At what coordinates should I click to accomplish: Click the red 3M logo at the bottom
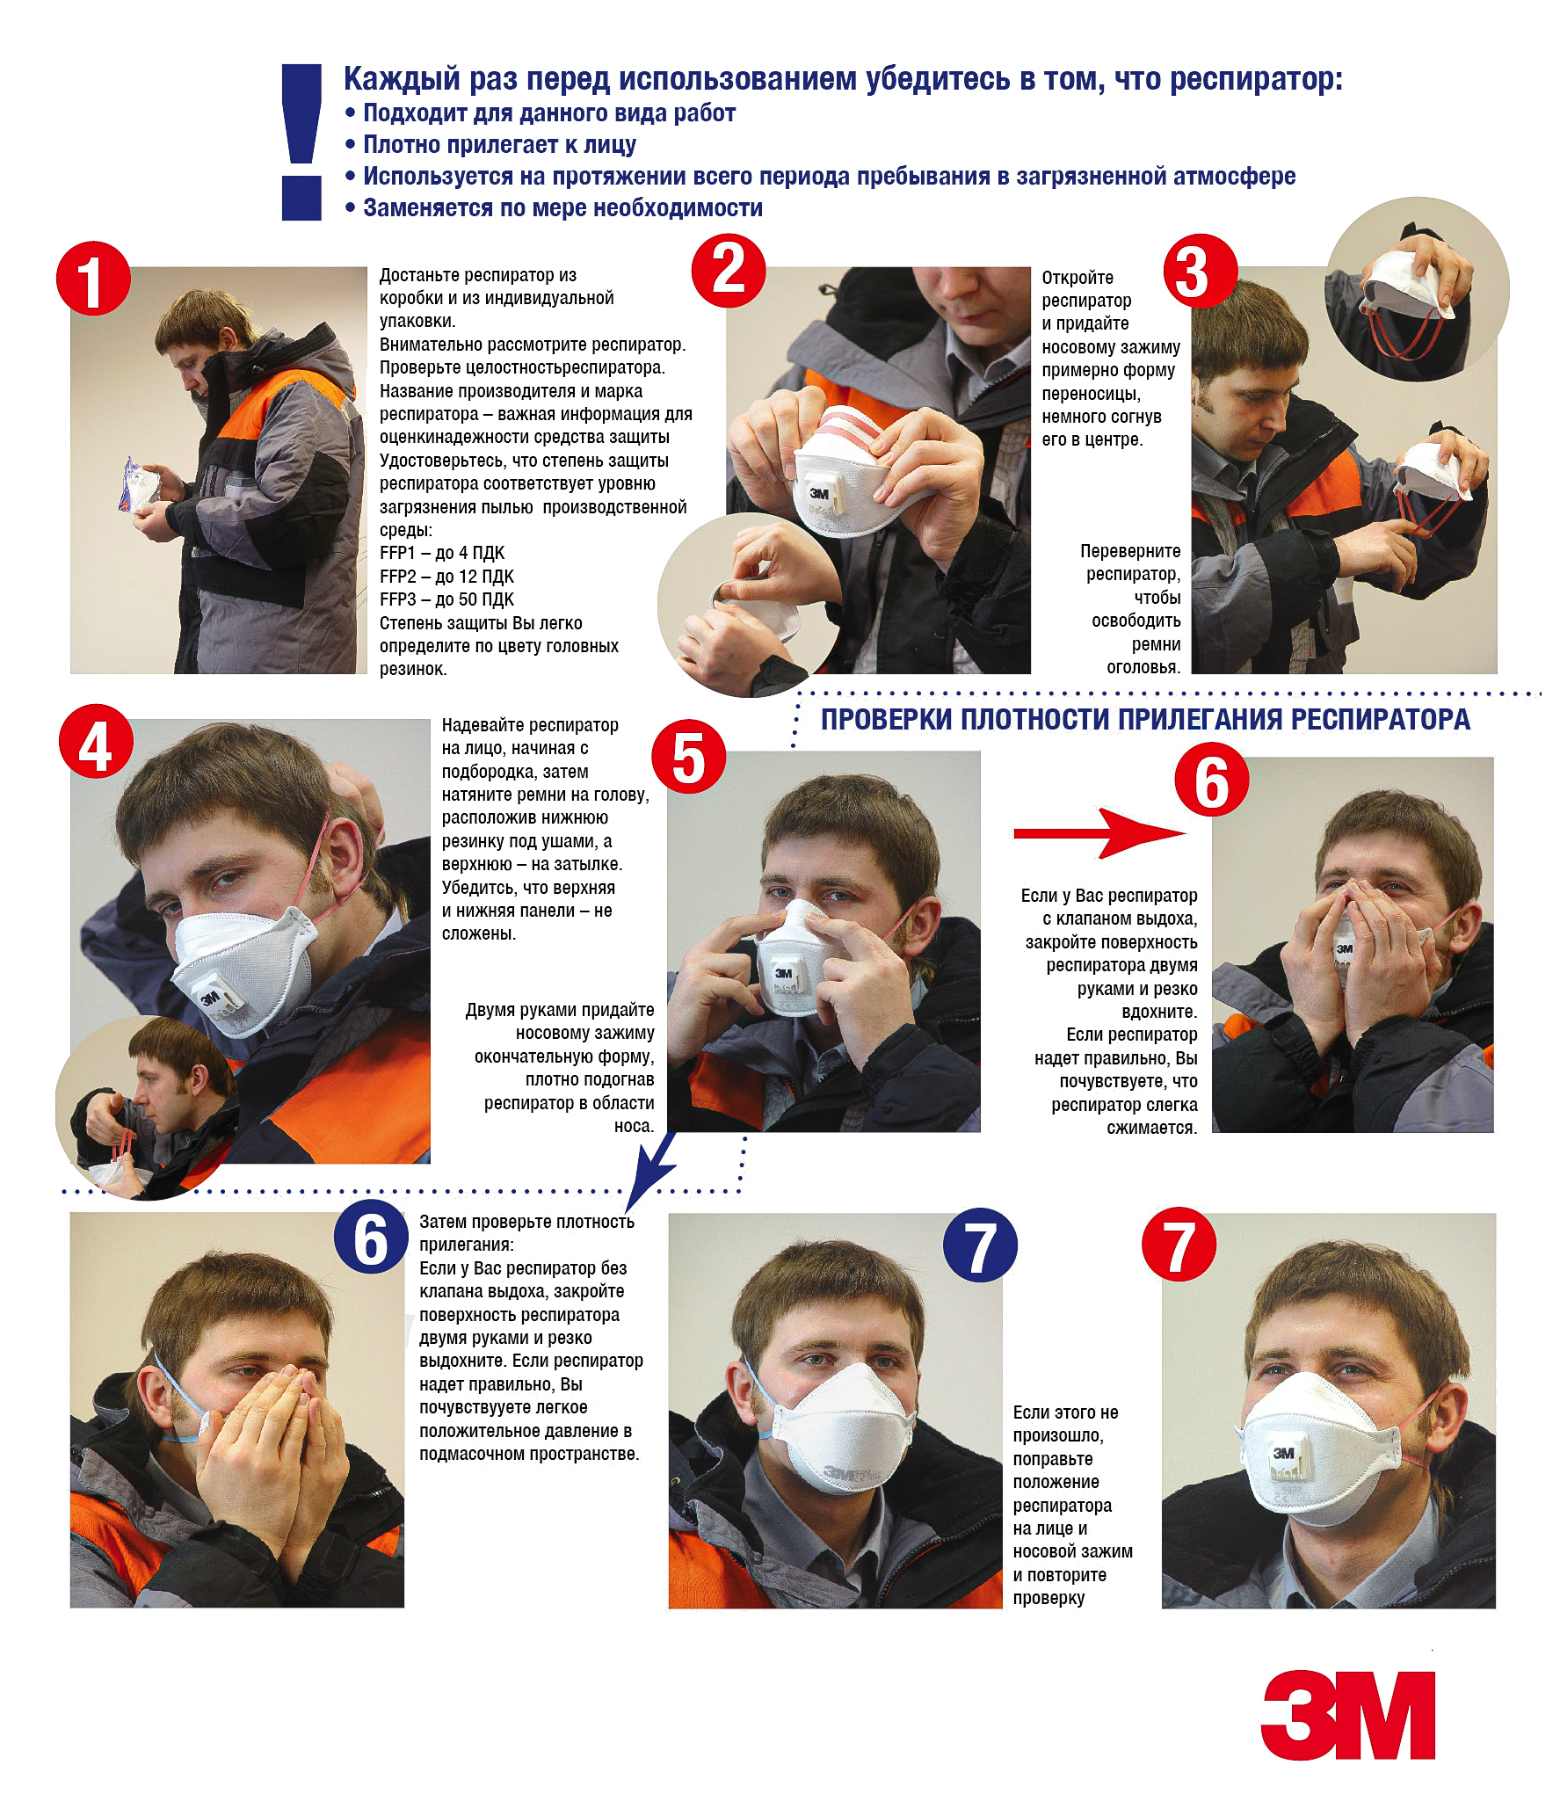1347,1715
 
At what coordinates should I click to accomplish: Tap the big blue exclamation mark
301,142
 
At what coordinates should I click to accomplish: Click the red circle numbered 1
93,279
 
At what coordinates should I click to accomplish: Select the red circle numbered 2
729,271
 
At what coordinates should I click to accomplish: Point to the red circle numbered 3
1201,272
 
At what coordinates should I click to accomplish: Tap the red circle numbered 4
96,741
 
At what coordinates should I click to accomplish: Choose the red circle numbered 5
688,757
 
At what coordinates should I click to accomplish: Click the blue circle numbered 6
371,1236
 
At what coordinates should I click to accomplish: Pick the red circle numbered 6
1212,780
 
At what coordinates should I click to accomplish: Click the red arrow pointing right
1100,833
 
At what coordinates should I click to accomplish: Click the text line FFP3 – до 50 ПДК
446,599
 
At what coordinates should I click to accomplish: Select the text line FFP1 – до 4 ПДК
442,553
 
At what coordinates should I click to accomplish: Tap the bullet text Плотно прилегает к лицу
499,144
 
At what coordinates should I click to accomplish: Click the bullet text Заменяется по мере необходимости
562,207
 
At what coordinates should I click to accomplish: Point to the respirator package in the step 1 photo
139,485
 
